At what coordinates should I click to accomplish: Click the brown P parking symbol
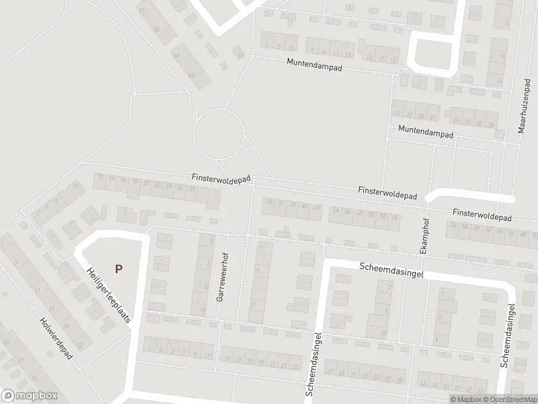click(x=118, y=269)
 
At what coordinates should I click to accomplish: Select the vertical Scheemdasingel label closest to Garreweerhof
click(x=313, y=364)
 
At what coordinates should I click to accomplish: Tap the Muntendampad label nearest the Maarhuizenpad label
click(x=425, y=131)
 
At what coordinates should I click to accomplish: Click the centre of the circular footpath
click(x=219, y=133)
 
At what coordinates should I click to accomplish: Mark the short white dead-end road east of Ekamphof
click(x=471, y=197)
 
